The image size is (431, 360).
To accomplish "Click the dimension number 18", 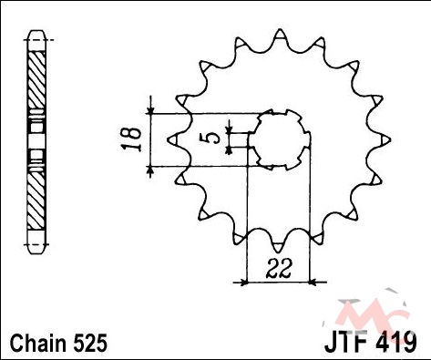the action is click(131, 139).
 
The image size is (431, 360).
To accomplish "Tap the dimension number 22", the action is click(279, 269).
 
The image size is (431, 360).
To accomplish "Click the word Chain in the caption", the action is click(38, 343).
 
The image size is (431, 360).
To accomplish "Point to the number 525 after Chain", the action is click(89, 343).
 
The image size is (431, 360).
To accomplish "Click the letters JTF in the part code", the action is click(348, 344).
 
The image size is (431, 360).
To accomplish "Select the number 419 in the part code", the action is click(397, 344).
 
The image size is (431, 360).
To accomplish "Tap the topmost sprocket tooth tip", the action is click(280, 30).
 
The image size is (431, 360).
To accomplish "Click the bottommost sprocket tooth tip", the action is click(277, 252).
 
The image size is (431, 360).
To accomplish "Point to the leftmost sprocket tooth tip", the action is click(169, 140).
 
